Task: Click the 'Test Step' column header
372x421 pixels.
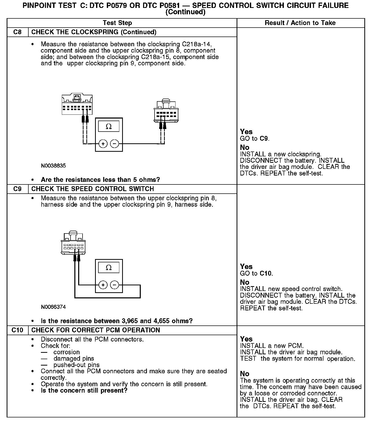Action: click(117, 23)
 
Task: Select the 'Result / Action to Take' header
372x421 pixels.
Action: click(300, 23)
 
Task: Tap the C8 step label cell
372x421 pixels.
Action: click(17, 32)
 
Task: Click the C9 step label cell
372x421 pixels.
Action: click(17, 189)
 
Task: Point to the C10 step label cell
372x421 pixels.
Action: click(17, 330)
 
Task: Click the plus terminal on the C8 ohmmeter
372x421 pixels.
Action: click(103, 144)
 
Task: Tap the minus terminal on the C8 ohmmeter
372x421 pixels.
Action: click(114, 144)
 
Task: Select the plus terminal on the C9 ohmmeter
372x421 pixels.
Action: click(103, 285)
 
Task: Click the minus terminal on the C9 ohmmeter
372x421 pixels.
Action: click(114, 285)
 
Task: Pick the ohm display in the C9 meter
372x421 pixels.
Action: click(109, 268)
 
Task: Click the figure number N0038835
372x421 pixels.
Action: click(53, 166)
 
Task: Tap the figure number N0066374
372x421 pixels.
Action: click(53, 307)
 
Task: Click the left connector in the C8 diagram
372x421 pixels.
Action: click(77, 105)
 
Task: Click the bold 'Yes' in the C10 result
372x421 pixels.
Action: click(246, 339)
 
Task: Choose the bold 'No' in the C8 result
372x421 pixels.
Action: click(245, 147)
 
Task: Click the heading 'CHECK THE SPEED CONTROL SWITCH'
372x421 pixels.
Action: click(92, 189)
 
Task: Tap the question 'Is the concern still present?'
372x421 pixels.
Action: click(84, 391)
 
